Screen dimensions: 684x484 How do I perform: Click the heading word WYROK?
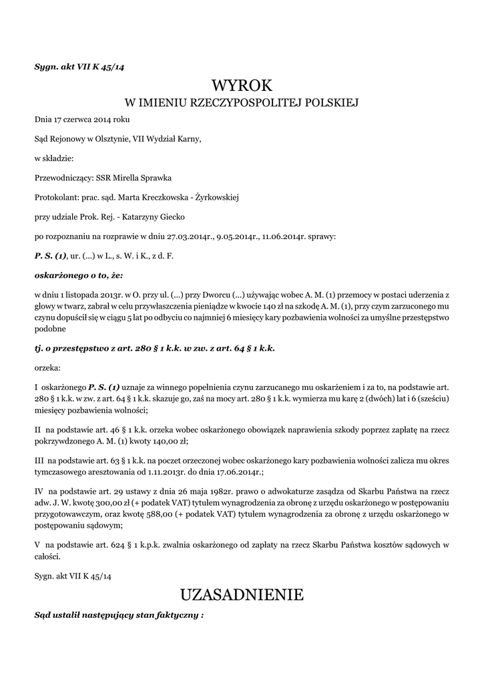pos(242,85)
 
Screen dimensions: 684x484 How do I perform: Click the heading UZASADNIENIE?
pos(242,594)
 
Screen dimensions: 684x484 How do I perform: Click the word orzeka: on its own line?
pos(47,367)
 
